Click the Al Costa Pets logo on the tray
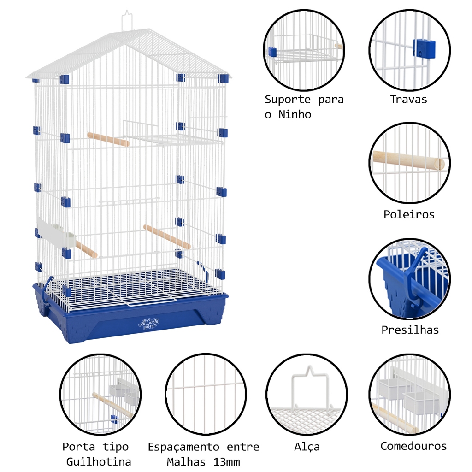pyautogui.click(x=148, y=324)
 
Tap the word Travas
pyautogui.click(x=408, y=100)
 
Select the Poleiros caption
pyautogui.click(x=409, y=214)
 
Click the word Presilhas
pyautogui.click(x=410, y=330)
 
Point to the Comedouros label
pyautogui.click(x=413, y=446)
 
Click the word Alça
pyautogui.click(x=307, y=447)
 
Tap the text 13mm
pyautogui.click(x=227, y=461)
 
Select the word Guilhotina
pyautogui.click(x=99, y=461)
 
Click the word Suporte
pyautogui.click(x=288, y=100)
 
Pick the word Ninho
pyautogui.click(x=295, y=114)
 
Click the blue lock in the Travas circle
pyautogui.click(x=424, y=49)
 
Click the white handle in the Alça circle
pyautogui.click(x=310, y=386)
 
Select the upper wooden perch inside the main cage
pyautogui.click(x=108, y=139)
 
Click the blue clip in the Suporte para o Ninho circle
pyautogui.click(x=272, y=52)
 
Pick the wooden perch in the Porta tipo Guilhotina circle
pyautogui.click(x=112, y=405)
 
